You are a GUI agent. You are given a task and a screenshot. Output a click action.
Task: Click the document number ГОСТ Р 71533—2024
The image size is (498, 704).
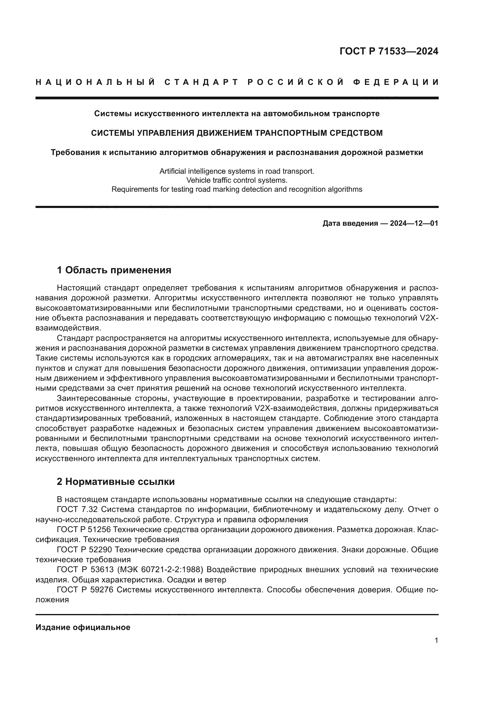(x=389, y=51)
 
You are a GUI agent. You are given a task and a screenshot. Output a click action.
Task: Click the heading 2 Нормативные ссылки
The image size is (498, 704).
(x=116, y=482)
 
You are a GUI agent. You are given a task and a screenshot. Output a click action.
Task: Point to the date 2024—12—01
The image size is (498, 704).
(x=414, y=223)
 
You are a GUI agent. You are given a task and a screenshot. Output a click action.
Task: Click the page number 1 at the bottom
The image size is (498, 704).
(x=436, y=640)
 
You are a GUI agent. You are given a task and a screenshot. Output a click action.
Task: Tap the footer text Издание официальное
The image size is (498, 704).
(x=83, y=627)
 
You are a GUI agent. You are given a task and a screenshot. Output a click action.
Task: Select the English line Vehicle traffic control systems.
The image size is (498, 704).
(x=237, y=180)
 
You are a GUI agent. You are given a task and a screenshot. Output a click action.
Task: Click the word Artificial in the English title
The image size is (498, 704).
(x=172, y=171)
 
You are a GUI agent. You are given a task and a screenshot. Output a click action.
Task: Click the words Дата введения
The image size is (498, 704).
(x=350, y=223)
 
